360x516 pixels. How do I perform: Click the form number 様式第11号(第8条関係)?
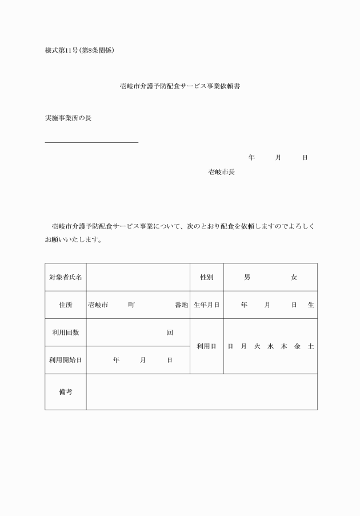click(x=80, y=50)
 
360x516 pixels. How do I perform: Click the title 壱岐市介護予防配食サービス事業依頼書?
click(x=179, y=87)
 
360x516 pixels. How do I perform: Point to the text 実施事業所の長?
click(x=68, y=118)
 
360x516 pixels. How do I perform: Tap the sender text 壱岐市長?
click(x=221, y=171)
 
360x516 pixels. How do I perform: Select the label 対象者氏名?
click(x=65, y=277)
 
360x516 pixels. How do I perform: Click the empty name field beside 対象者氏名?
click(x=138, y=277)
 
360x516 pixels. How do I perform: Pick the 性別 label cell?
click(x=206, y=277)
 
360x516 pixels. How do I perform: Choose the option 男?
click(x=247, y=277)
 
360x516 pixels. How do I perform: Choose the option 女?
click(x=294, y=277)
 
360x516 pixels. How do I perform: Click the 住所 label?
click(x=65, y=305)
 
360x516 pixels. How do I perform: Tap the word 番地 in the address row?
click(x=181, y=305)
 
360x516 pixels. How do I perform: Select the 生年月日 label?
click(x=206, y=305)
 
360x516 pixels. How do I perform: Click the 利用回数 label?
click(x=65, y=333)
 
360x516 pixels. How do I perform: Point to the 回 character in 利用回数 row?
click(x=169, y=333)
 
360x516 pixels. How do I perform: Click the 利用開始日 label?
click(x=65, y=360)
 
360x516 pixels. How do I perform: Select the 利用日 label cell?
click(x=206, y=346)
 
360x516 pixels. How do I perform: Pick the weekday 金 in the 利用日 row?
click(x=297, y=346)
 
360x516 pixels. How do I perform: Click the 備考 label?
click(x=65, y=392)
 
